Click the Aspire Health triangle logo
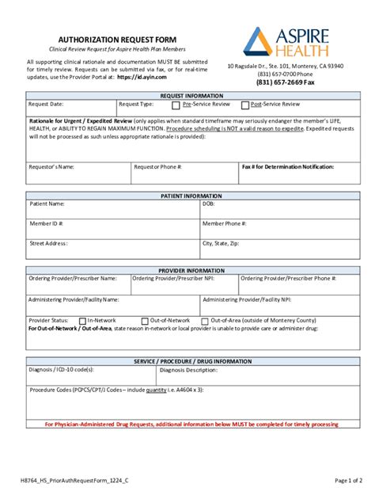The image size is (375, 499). [259, 41]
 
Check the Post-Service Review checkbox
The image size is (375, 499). [244, 105]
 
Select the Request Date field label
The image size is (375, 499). [46, 104]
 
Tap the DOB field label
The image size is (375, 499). [209, 204]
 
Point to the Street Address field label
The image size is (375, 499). [48, 243]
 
